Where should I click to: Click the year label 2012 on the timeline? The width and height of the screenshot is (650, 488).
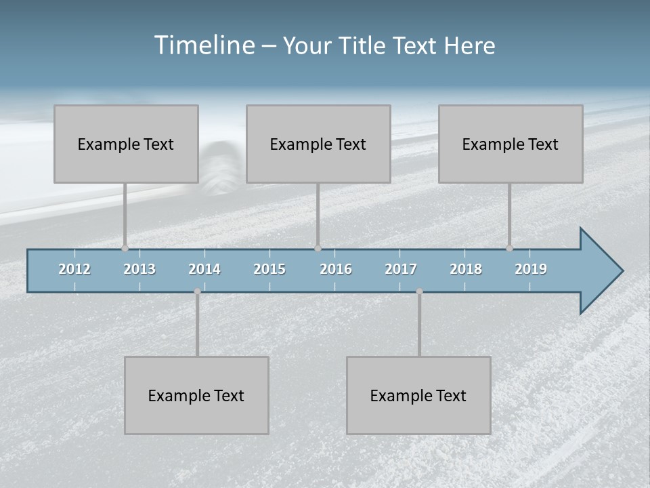tap(74, 269)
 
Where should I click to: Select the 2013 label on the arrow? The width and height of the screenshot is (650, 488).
tap(139, 269)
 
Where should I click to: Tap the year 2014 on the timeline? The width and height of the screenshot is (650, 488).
tap(204, 269)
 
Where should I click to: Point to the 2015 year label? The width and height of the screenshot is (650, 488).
tap(269, 269)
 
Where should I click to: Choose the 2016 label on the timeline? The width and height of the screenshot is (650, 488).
tap(336, 269)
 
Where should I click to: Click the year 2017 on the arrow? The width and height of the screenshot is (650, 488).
tap(401, 269)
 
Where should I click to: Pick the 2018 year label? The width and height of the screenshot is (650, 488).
tap(466, 269)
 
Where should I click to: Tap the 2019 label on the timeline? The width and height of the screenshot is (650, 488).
tap(531, 269)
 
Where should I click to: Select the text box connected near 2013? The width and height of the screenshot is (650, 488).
tap(126, 144)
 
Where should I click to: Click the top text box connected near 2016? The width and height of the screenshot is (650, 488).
tap(318, 144)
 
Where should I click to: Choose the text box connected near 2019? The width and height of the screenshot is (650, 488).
tap(511, 144)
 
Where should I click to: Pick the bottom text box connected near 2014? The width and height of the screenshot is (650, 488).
tap(196, 395)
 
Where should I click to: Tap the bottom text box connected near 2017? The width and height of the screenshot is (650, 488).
tap(418, 395)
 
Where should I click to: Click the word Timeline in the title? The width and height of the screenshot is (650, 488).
tap(202, 45)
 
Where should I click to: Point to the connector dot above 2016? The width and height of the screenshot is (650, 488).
tap(318, 248)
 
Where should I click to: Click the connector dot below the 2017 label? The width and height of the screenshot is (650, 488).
tap(419, 291)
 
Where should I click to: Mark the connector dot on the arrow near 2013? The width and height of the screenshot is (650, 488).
tap(125, 248)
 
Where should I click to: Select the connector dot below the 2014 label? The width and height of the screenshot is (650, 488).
tap(197, 291)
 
